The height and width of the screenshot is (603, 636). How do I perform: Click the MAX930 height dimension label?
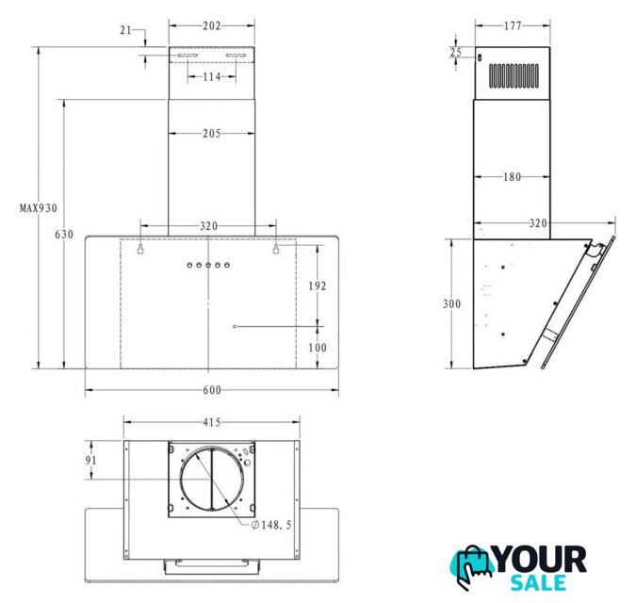coord(39,208)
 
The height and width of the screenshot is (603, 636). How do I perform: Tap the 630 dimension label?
coord(64,235)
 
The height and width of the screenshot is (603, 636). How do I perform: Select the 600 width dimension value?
coord(212,390)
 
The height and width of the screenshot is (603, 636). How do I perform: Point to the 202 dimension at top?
coord(212,26)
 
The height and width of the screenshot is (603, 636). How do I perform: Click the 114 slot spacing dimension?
coord(212,76)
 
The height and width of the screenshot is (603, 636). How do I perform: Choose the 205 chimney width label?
coord(212,134)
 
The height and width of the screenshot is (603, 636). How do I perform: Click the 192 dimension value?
coord(318,286)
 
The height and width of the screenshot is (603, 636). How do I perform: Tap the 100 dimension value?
coord(318,348)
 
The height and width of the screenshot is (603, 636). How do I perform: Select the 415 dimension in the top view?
coord(212,422)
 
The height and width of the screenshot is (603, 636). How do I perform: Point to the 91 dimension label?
coord(90,461)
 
